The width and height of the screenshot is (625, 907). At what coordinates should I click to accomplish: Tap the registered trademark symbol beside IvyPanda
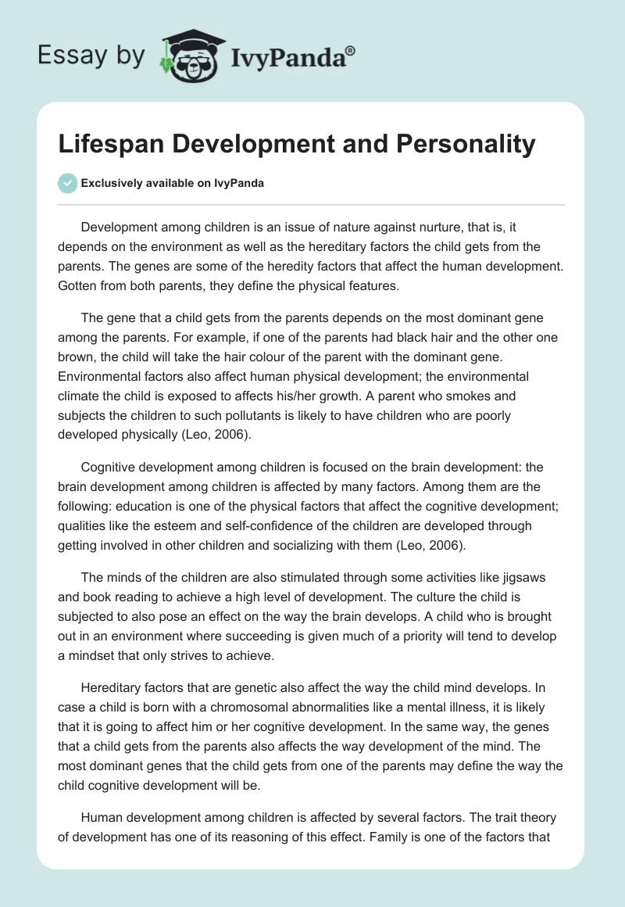[351, 50]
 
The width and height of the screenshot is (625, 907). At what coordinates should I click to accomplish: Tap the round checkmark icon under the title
[67, 183]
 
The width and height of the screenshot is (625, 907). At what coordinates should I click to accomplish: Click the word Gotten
[78, 285]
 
